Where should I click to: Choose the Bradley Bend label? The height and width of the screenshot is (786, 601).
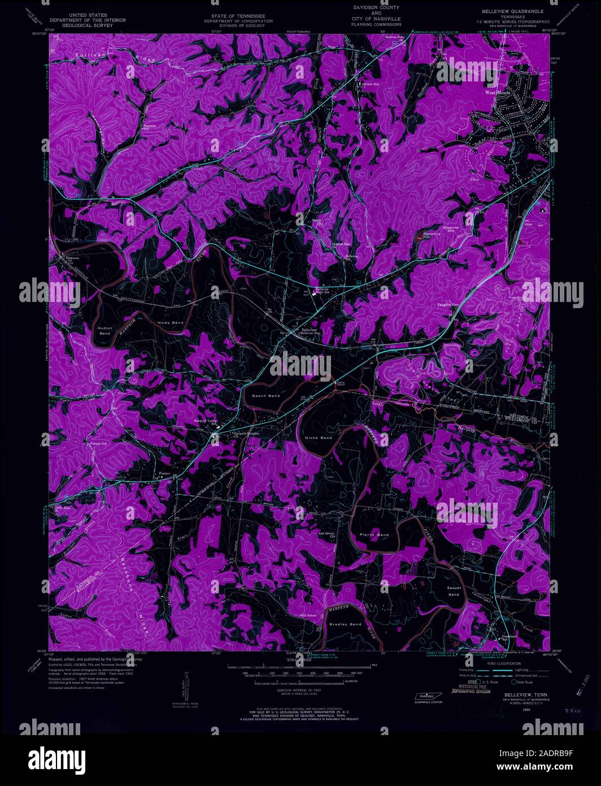click(345, 624)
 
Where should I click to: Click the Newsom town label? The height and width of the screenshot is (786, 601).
click(72, 258)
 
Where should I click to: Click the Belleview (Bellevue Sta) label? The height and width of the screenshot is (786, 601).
click(310, 331)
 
